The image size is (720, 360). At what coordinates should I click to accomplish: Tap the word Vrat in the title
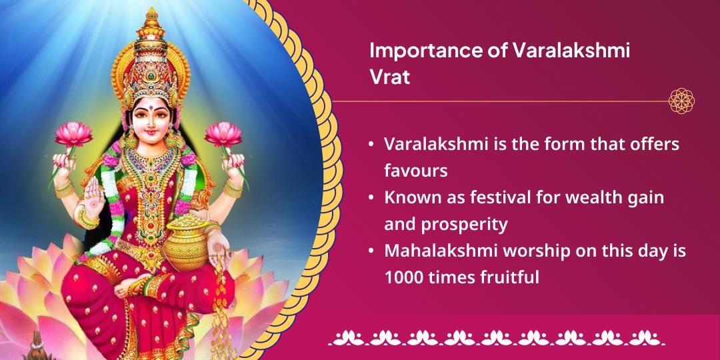tap(389, 77)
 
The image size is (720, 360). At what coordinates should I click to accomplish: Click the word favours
tap(415, 170)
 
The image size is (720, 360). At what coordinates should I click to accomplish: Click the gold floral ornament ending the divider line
tap(681, 101)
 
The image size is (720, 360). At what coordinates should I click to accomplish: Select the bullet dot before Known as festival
tap(371, 198)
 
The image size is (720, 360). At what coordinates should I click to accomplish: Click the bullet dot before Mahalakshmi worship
tap(371, 251)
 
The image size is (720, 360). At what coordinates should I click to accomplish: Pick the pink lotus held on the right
tap(223, 133)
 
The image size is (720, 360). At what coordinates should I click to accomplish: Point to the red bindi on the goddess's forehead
tap(151, 106)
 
